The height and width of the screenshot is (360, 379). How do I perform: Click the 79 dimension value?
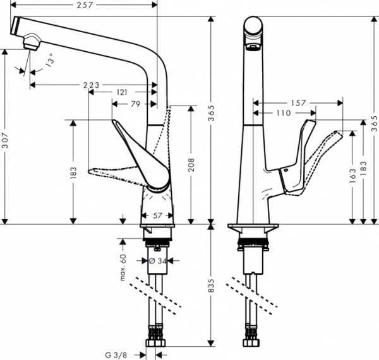click(136, 104)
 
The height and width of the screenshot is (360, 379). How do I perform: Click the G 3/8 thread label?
click(119, 354)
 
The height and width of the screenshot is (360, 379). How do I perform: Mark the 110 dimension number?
click(284, 113)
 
